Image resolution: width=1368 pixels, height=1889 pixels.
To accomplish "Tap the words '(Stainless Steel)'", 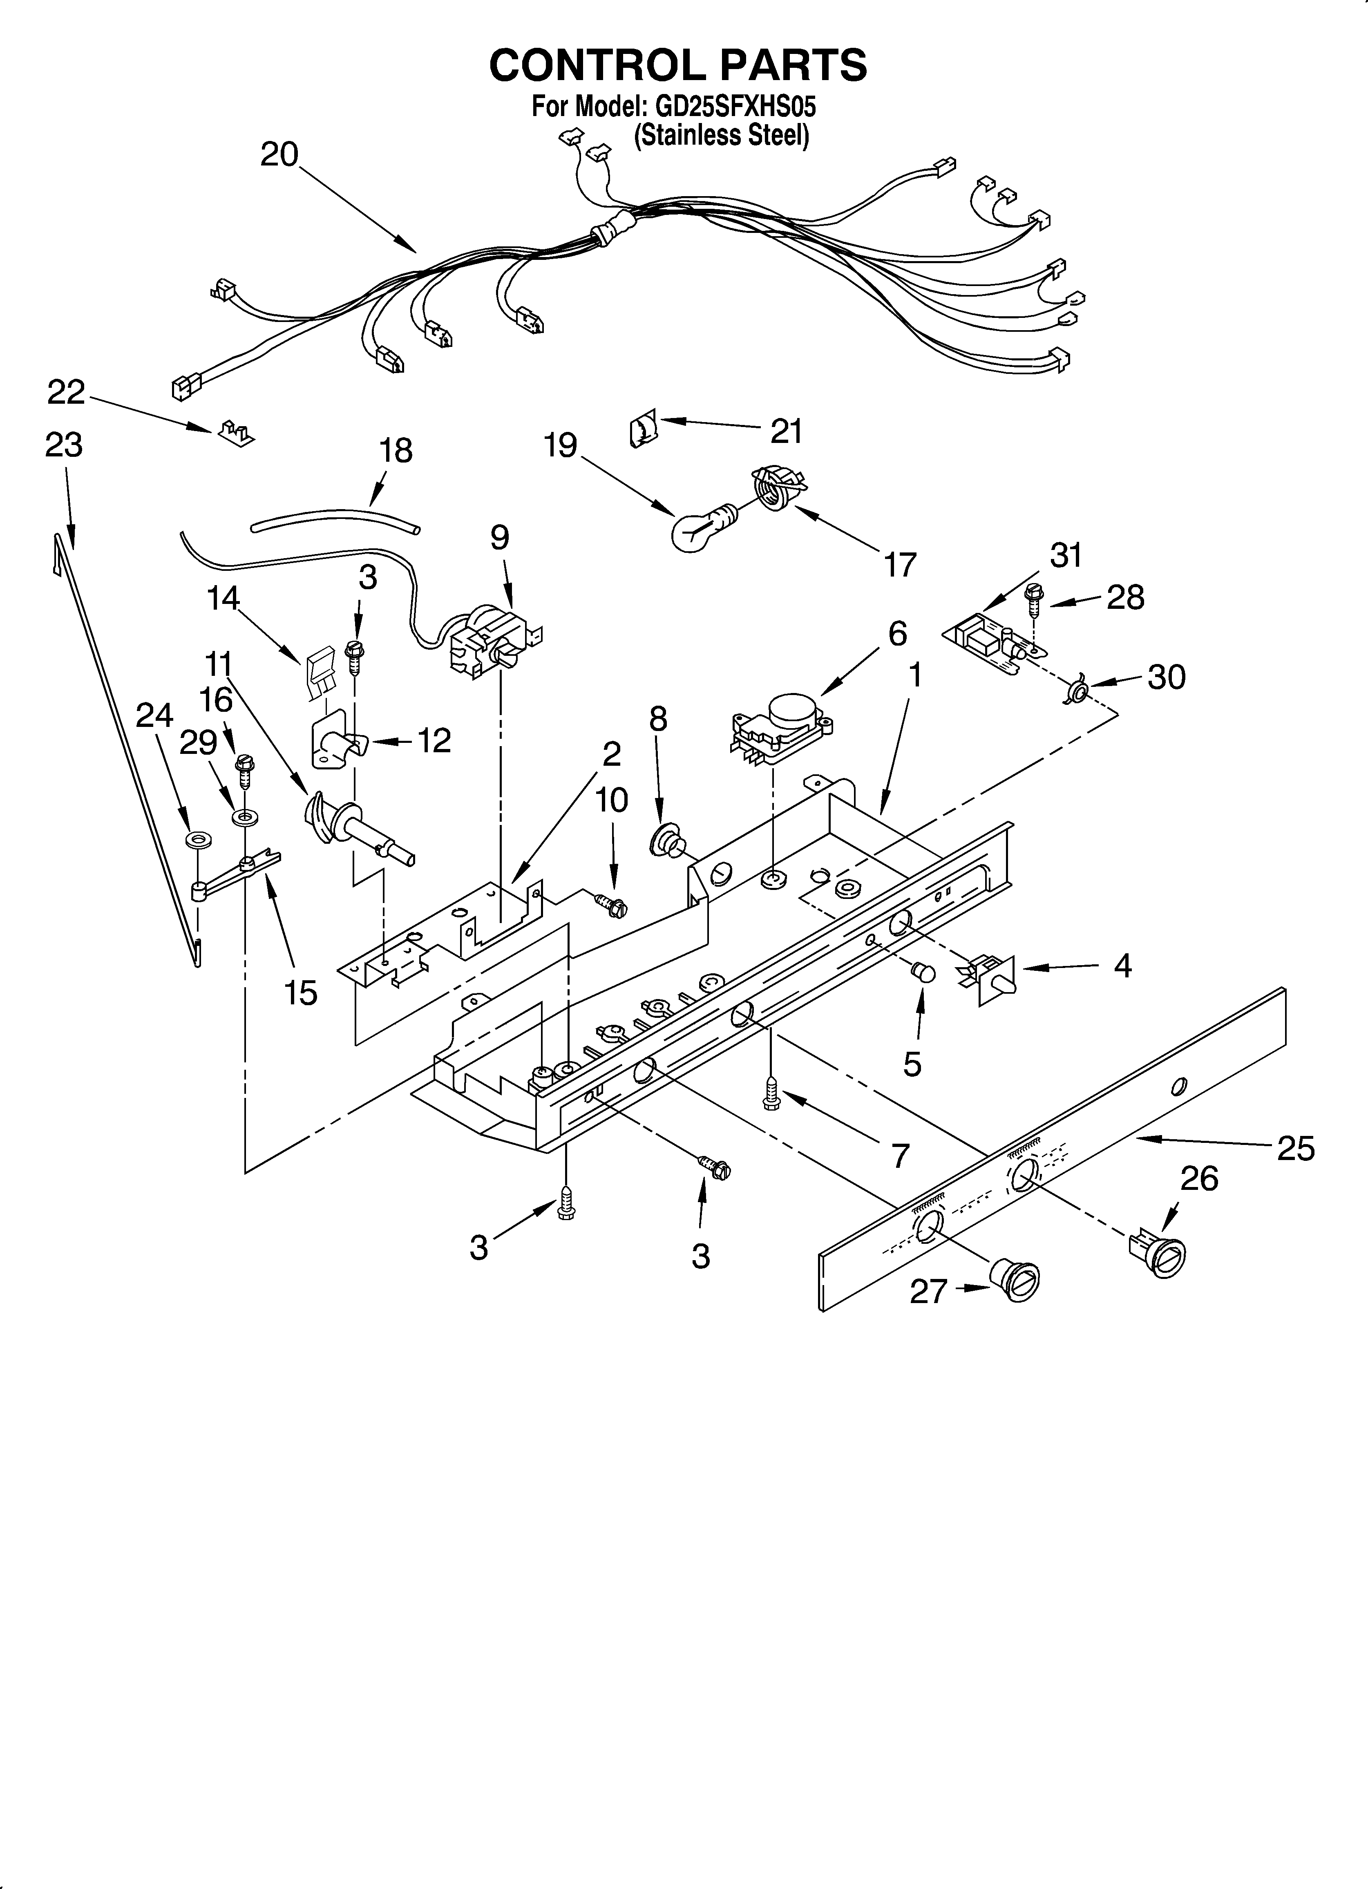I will coord(722,135).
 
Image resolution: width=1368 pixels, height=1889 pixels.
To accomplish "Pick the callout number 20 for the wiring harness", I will coord(279,155).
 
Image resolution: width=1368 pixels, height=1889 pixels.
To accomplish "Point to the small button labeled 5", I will coord(922,972).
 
